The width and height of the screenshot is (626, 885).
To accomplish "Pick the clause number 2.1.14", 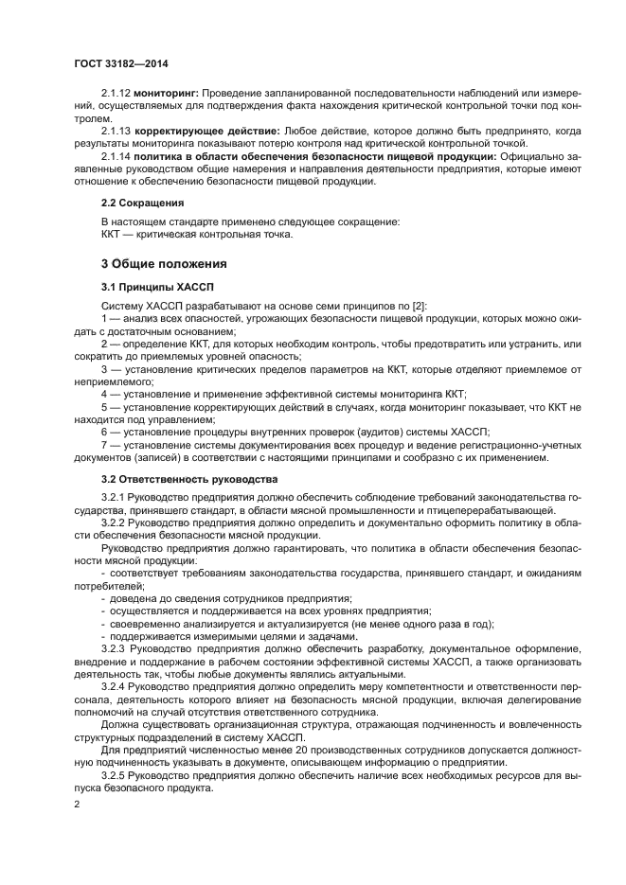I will click(x=116, y=155).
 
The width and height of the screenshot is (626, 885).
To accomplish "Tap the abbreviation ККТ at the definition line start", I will click(x=114, y=234).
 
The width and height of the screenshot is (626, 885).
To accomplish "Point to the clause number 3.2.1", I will click(x=114, y=498).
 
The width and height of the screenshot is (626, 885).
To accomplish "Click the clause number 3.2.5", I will click(x=114, y=774).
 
